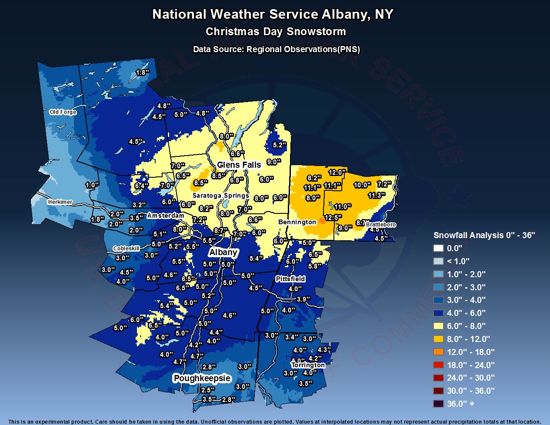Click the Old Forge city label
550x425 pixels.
(63, 112)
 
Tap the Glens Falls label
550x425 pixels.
(239, 165)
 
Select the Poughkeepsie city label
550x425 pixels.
(202, 378)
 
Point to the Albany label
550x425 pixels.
(223, 252)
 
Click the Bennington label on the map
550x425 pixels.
(297, 222)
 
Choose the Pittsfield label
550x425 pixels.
(290, 279)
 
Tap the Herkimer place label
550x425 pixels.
(60, 202)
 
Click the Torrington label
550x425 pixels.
(308, 365)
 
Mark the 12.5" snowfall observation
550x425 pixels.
(333, 217)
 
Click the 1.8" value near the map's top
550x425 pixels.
(143, 73)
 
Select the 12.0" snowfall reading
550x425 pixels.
(337, 173)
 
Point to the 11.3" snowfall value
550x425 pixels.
(377, 196)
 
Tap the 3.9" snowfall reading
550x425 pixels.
(303, 299)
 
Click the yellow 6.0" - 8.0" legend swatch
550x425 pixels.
(438, 326)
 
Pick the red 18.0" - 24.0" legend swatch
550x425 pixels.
(438, 365)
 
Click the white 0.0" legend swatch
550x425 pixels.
(438, 248)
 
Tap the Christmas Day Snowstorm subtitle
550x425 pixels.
(276, 32)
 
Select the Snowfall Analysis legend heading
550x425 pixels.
(484, 235)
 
